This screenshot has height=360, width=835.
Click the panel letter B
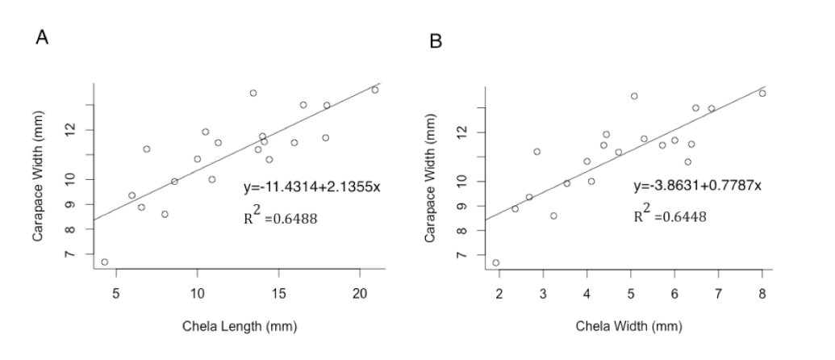pos(436,40)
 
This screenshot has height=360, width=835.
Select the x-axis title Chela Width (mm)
pos(628,327)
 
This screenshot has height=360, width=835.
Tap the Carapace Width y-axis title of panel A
pos(37,177)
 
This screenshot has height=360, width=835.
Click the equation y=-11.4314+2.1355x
pos(311,187)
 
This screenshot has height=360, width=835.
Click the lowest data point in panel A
pos(105,262)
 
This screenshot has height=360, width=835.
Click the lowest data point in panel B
pos(495,262)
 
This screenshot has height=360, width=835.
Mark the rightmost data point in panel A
pos(375,90)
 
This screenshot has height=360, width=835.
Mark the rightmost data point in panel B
pos(762,93)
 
